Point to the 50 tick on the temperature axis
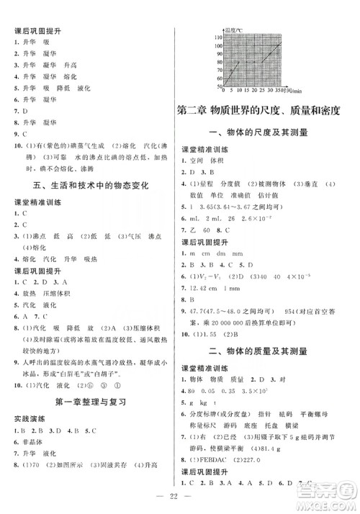click(x=219, y=86)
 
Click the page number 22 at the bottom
click(x=180, y=496)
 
